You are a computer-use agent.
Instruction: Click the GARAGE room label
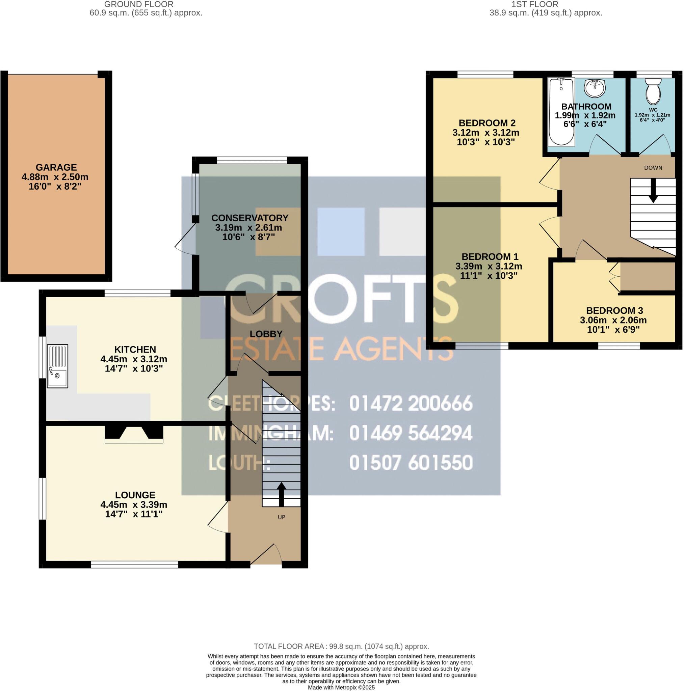click(56, 167)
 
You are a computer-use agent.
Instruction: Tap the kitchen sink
click(57, 366)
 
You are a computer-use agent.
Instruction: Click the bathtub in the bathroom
click(561, 112)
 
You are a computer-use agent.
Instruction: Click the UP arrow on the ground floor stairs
click(281, 494)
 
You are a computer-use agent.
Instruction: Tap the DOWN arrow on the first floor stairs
click(653, 191)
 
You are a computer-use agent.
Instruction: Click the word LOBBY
click(266, 334)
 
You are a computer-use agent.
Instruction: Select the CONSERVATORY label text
click(250, 218)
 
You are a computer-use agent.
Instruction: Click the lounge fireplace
click(134, 434)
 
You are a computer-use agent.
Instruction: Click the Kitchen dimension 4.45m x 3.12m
click(134, 359)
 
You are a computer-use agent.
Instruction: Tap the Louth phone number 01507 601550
click(411, 463)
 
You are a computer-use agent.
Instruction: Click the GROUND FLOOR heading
click(139, 4)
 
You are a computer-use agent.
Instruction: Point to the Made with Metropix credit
click(341, 687)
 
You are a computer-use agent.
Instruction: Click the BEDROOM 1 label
click(490, 256)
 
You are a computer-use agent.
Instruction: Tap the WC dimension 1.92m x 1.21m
click(653, 115)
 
